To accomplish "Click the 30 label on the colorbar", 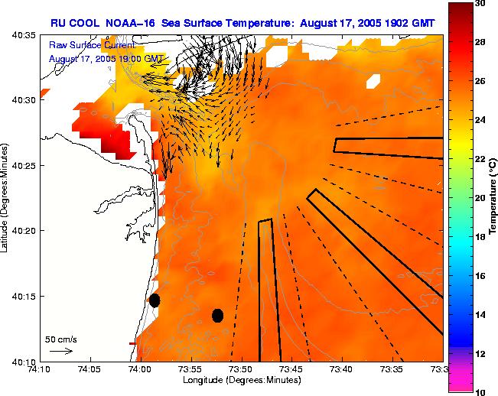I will (x=480, y=4).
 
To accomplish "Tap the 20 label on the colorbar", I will (x=480, y=198).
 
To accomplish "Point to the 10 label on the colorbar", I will (x=480, y=391).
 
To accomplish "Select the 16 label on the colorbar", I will (x=480, y=275).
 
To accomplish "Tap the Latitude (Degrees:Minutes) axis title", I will (x=7, y=198).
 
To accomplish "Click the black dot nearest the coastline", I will (x=155, y=300).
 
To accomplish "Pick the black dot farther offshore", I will (x=217, y=315).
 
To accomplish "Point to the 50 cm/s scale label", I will (x=60, y=339).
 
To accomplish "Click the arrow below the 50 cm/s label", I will (x=61, y=351).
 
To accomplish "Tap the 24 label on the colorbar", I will (x=480, y=120).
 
